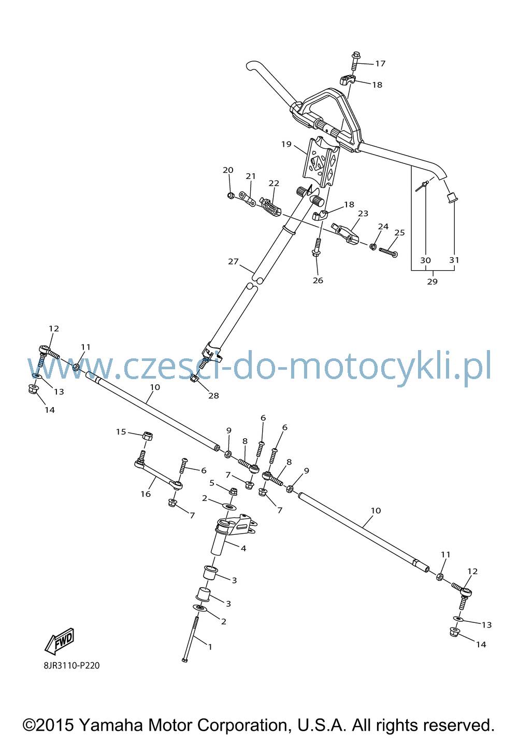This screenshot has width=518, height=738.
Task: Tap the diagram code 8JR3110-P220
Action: click(x=71, y=666)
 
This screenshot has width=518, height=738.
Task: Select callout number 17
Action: click(x=380, y=63)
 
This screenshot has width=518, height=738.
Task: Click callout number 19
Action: click(x=286, y=144)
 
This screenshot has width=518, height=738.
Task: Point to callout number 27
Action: click(x=233, y=261)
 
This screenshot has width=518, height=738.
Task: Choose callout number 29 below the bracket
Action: click(x=432, y=282)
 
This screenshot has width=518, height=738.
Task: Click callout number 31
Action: click(x=454, y=260)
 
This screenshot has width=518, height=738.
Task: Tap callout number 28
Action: click(x=213, y=395)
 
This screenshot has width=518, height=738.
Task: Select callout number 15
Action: click(x=121, y=431)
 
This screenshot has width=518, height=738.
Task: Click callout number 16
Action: click(x=146, y=494)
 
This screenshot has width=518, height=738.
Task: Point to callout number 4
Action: click(x=243, y=548)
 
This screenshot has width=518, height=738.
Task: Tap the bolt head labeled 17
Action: click(x=356, y=55)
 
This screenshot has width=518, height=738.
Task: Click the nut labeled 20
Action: click(x=231, y=196)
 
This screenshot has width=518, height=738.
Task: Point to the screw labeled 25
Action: click(x=388, y=253)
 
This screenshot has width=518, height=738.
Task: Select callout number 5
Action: click(x=212, y=483)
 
